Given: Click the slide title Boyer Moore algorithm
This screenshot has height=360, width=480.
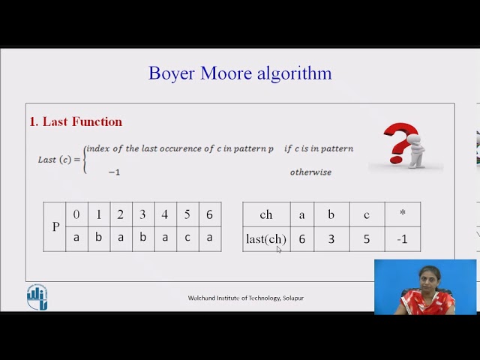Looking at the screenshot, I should (x=240, y=73).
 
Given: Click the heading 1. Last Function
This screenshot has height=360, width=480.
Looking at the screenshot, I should (x=76, y=121).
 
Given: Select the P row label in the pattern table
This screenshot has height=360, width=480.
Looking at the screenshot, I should (x=55, y=226).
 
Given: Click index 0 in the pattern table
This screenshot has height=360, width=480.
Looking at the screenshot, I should (x=76, y=214).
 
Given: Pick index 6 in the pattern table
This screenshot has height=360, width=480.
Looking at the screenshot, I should (x=209, y=214).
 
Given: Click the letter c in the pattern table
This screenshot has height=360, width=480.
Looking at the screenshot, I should (x=187, y=237).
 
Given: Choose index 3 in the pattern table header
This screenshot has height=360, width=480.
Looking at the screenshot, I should (x=142, y=214).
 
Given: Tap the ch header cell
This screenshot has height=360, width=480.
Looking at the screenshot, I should (x=266, y=214).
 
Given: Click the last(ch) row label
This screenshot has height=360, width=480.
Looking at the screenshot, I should (x=266, y=239).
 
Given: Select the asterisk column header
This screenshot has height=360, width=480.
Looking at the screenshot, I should (x=402, y=214).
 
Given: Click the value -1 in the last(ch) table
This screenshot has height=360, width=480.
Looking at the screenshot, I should (x=402, y=239).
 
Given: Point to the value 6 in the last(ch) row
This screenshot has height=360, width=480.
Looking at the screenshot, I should (x=301, y=239).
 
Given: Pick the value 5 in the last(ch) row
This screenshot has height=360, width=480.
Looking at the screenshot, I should (x=366, y=239).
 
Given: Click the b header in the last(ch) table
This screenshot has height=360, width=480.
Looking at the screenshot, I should (x=331, y=214).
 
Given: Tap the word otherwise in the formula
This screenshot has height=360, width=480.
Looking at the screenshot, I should (x=310, y=172).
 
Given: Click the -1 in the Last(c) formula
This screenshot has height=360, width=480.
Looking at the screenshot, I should (x=114, y=172).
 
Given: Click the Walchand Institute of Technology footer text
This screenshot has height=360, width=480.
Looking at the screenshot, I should (x=246, y=298).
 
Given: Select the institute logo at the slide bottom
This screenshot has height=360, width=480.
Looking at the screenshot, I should (x=37, y=297).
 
